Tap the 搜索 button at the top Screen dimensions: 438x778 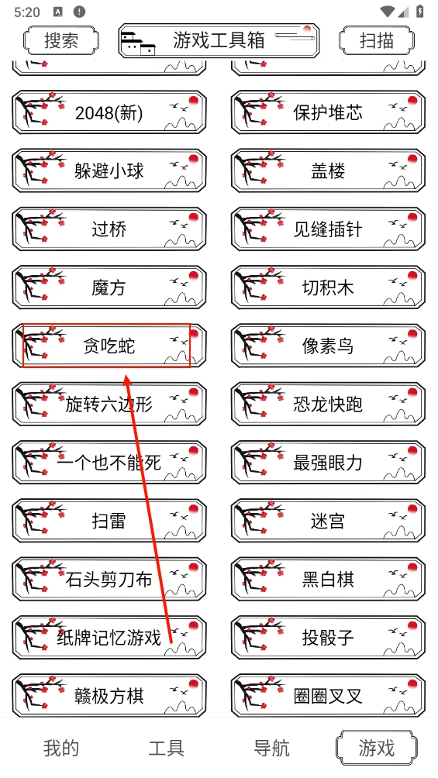pos(61,40)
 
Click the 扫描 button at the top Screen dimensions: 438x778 pos(377,40)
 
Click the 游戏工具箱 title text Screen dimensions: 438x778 pos(219,40)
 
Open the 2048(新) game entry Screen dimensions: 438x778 pos(109,112)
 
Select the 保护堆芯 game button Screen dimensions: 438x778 pos(328,112)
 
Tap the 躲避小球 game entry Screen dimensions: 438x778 pos(109,171)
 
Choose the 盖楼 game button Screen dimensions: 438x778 pos(328,171)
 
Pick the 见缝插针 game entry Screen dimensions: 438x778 pos(328,229)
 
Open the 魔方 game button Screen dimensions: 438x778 pos(109,287)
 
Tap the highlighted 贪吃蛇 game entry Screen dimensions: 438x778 pos(109,346)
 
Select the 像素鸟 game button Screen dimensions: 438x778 pos(328,346)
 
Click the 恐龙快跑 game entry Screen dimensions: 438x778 pos(328,404)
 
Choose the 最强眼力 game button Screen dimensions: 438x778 pos(328,463)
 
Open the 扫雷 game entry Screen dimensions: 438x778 pos(109,521)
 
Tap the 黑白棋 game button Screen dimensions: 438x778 pos(328,580)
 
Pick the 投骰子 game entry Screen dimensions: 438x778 pos(328,638)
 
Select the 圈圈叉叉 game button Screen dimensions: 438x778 pos(328,696)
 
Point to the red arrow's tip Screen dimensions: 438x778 pos(126,374)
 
